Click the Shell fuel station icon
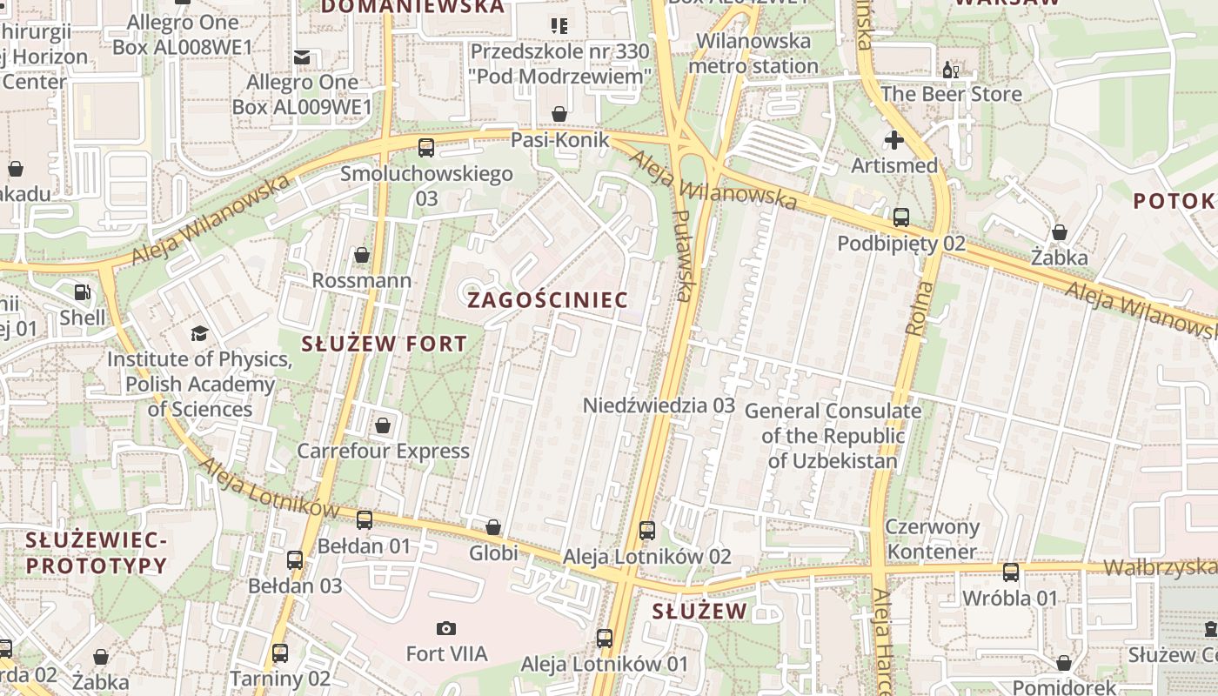(83, 293)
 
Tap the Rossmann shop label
(362, 280)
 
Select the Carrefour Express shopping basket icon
(382, 425)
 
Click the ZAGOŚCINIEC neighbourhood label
(548, 300)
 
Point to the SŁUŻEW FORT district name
(385, 344)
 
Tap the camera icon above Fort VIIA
(446, 628)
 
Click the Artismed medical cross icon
(893, 139)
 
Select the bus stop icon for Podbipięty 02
(901, 217)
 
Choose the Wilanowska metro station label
(753, 53)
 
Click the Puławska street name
(683, 256)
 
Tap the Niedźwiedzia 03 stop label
(659, 405)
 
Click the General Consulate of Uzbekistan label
(833, 436)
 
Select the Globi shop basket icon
(493, 527)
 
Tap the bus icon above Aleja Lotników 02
(646, 530)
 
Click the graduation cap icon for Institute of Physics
(199, 334)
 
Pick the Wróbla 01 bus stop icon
(1010, 572)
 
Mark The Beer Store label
(951, 94)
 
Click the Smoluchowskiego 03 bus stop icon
(426, 148)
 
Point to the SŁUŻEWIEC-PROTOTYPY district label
(96, 553)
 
